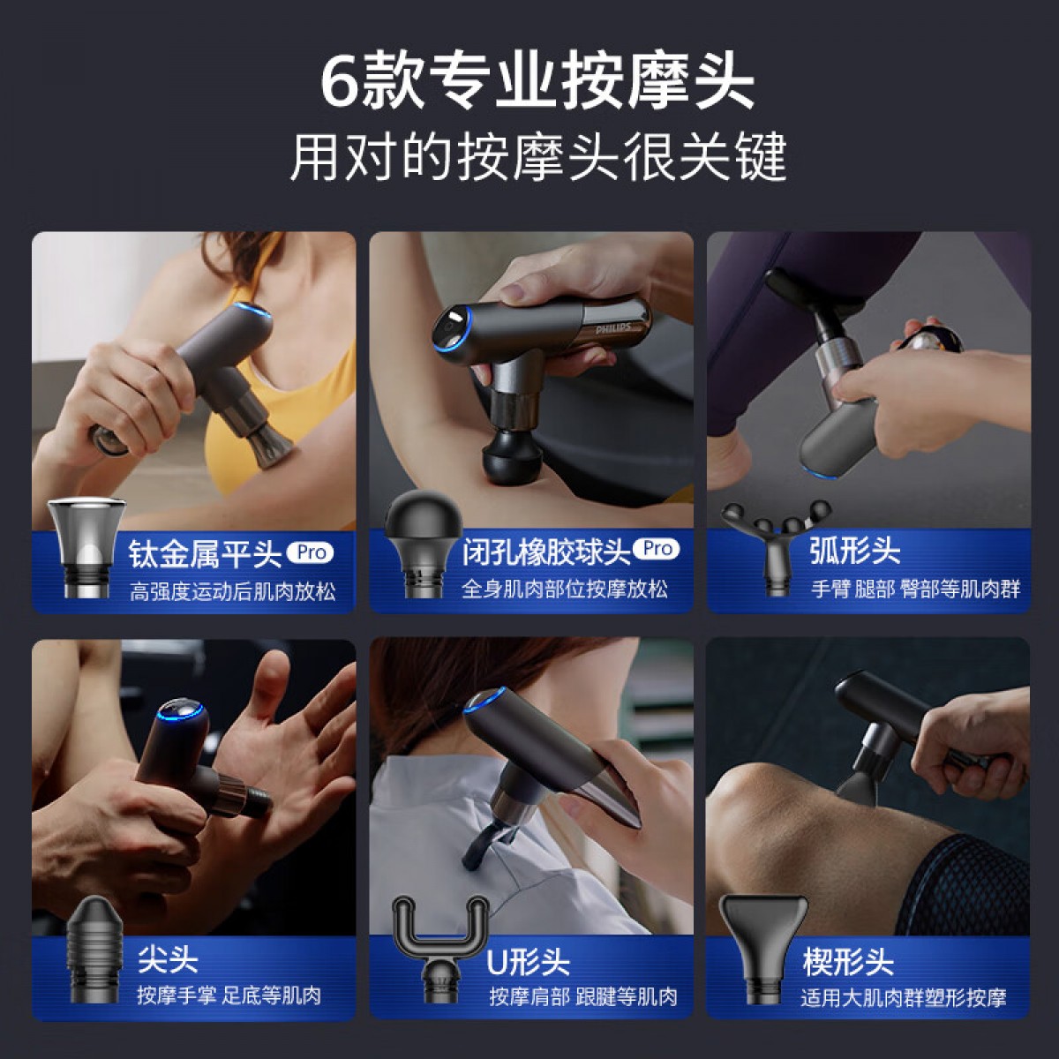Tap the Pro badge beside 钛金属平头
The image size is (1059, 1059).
(311, 552)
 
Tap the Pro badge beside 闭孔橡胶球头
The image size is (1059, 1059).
(657, 548)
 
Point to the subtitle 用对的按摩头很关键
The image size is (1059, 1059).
(537, 157)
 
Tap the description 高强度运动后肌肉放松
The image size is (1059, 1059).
(233, 592)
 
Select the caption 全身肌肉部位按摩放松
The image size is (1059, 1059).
(565, 590)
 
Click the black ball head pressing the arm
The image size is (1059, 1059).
(511, 455)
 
